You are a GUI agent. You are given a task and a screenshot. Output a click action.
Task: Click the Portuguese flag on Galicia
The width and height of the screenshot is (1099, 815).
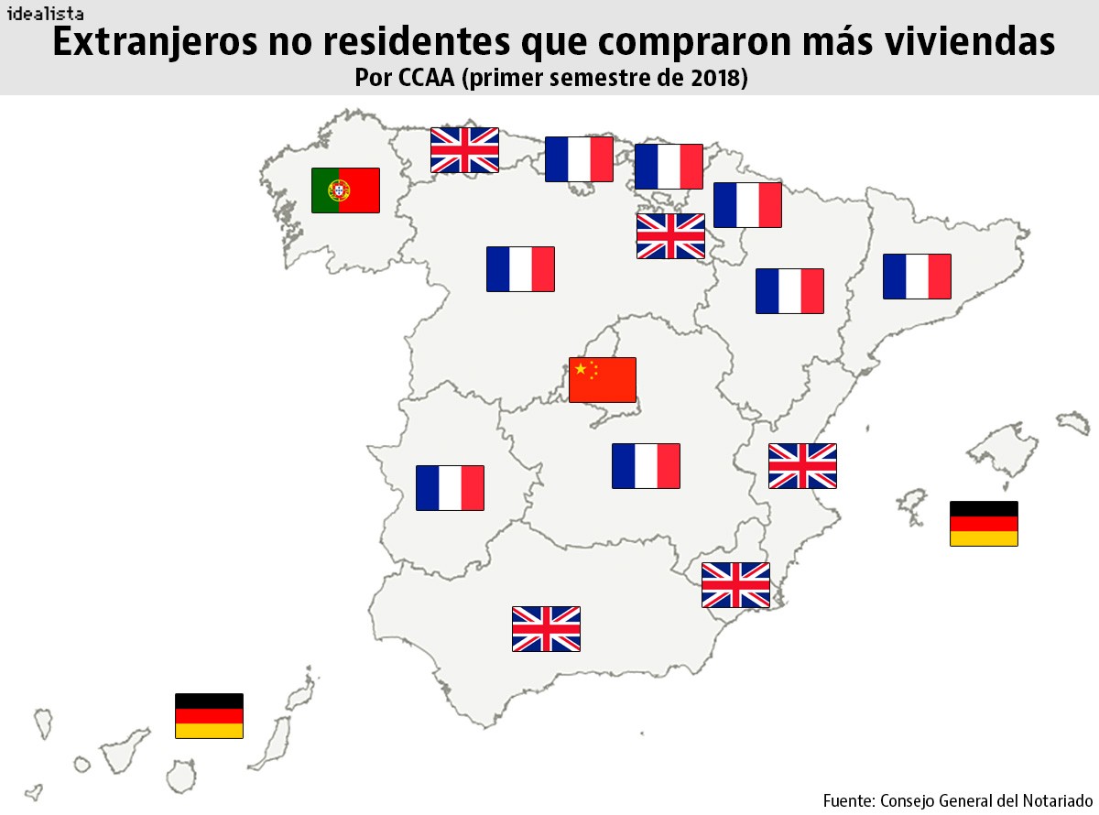345,190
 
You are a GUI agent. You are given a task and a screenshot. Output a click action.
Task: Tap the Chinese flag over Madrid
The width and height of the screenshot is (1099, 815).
602,380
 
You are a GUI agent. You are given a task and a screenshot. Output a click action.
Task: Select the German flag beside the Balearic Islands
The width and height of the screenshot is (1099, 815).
984,523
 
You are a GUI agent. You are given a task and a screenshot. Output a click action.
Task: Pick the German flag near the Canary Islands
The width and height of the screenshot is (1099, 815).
209,715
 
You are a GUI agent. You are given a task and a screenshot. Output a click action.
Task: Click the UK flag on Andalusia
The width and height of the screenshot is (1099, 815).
546,629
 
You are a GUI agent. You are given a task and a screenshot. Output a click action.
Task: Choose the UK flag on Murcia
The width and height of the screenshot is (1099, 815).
735,585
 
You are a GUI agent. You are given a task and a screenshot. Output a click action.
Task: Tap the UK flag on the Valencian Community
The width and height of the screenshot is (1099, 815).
802,466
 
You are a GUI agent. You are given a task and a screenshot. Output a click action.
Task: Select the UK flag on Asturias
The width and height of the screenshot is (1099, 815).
464,150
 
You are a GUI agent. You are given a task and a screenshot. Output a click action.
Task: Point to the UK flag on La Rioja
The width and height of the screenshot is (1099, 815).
670,236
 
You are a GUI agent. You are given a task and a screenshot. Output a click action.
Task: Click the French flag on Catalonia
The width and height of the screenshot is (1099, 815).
917,277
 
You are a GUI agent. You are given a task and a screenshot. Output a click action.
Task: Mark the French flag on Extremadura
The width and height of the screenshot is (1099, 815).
450,488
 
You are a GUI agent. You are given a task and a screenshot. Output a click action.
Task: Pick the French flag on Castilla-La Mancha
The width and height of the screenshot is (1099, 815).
646,466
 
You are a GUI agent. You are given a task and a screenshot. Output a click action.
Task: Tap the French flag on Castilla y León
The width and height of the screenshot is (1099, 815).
520,269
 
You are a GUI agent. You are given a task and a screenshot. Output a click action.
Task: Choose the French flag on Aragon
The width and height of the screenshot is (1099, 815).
789,291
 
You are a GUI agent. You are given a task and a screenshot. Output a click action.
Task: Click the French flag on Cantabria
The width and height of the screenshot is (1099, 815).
579,159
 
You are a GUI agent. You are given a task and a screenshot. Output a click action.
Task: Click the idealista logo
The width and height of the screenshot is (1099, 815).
45,13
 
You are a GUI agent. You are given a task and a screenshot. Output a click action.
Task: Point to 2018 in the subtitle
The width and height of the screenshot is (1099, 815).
710,79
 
